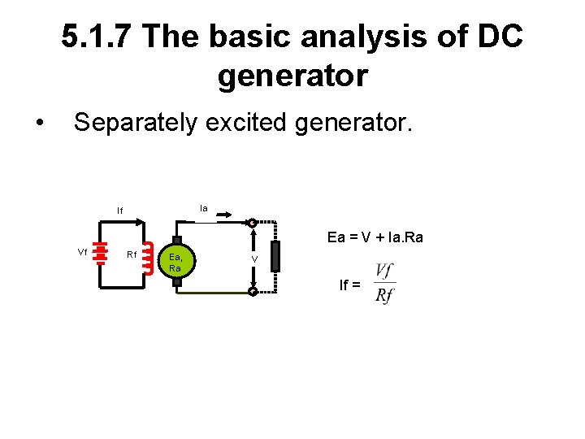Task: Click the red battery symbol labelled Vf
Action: (100, 253)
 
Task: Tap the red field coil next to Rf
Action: (149, 258)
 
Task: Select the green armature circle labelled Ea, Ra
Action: (176, 261)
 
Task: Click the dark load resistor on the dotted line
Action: (275, 257)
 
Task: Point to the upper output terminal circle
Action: (253, 223)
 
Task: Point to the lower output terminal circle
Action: (253, 291)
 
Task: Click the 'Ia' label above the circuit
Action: (204, 209)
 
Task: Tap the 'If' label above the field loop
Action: (120, 211)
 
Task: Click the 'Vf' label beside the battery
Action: (82, 252)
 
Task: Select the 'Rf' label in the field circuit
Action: (132, 255)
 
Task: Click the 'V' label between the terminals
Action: (254, 259)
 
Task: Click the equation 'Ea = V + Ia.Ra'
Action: (375, 237)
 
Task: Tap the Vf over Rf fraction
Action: (385, 283)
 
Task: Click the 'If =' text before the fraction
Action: (350, 285)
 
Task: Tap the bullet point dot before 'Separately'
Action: (40, 124)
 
